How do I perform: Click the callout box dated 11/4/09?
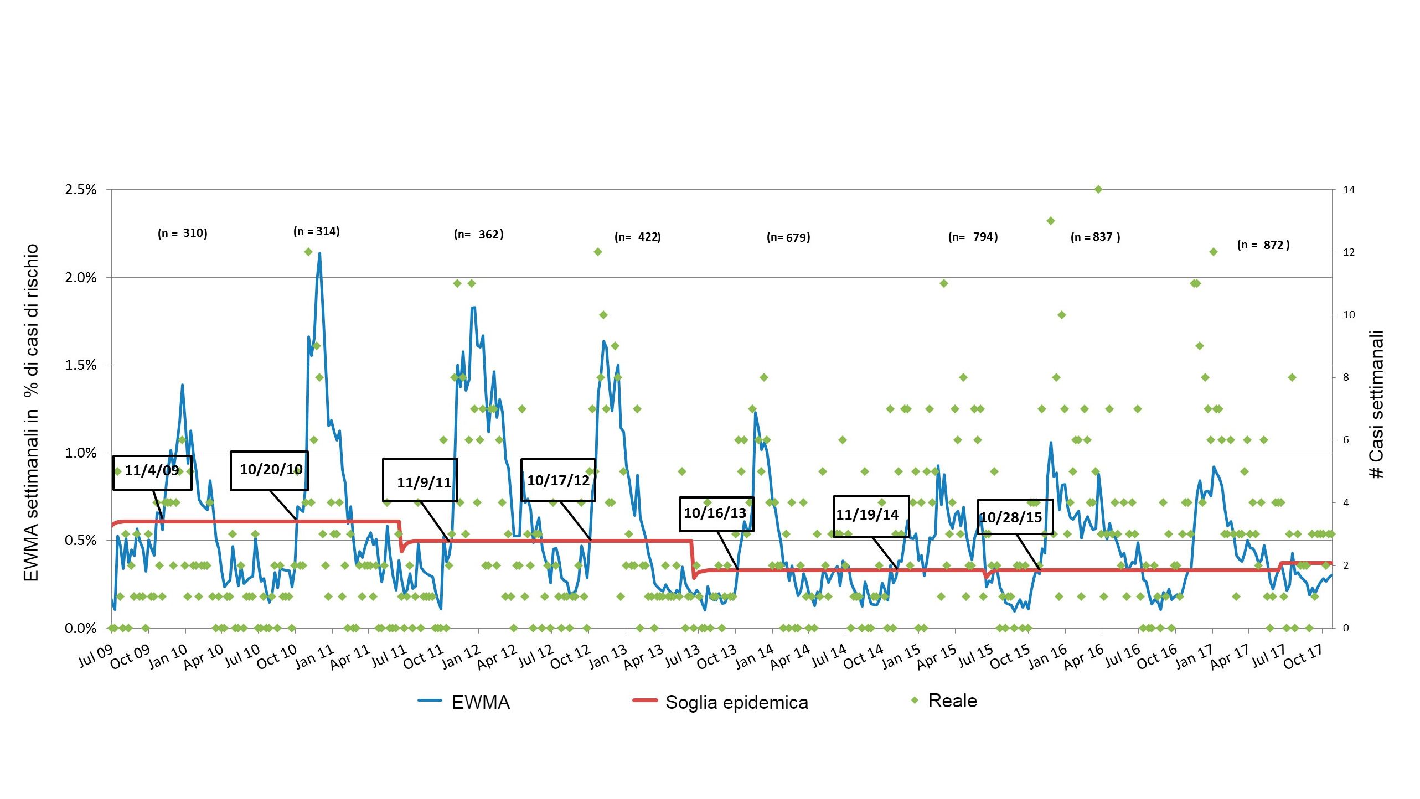click(152, 472)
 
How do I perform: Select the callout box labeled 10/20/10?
click(269, 470)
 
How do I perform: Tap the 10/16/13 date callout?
click(716, 513)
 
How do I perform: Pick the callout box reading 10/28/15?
click(1015, 516)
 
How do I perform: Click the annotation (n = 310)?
click(183, 233)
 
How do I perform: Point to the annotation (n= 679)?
click(788, 237)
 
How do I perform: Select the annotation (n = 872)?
click(1263, 245)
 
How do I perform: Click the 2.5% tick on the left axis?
click(81, 190)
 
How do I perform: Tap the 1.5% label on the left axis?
click(81, 365)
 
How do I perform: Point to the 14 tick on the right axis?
click(1349, 190)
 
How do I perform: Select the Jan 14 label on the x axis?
click(754, 656)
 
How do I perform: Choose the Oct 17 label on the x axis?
click(1303, 656)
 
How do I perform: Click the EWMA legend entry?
click(464, 702)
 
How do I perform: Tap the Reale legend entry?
click(944, 701)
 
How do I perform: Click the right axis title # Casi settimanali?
click(1377, 404)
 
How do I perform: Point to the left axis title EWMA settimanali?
click(32, 412)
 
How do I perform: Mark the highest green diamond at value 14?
click(1099, 190)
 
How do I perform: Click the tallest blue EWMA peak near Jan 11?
click(319, 254)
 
